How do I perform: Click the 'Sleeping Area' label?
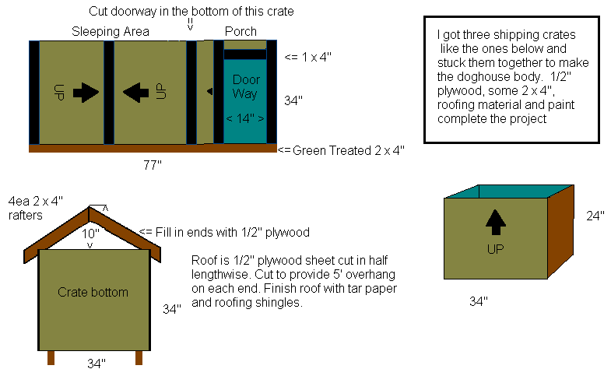111,32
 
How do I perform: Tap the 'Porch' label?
241,32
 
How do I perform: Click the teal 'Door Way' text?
245,86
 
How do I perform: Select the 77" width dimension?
153,165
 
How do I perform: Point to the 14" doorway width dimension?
245,118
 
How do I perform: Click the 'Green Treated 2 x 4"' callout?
342,150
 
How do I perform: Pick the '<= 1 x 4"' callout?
308,58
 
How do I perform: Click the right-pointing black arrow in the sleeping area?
86,93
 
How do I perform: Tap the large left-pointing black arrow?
135,93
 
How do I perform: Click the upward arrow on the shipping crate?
496,222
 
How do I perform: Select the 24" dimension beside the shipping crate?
595,216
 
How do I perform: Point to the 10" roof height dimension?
90,234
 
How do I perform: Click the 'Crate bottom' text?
93,292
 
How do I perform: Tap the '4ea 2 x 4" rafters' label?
36,208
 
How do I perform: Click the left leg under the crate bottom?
51,357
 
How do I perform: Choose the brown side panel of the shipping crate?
560,232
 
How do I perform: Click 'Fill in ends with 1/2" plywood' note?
224,232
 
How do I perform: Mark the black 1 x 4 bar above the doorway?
245,54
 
